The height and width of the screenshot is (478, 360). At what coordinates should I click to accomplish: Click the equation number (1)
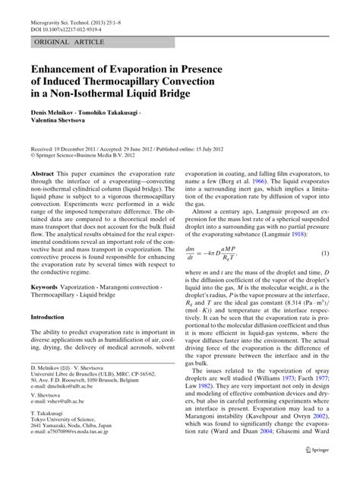pos(325,252)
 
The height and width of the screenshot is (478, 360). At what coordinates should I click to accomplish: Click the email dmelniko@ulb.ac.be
pos(73,408)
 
